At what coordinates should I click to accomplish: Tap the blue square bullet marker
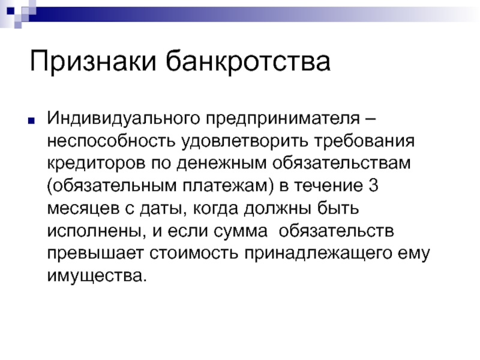(31, 121)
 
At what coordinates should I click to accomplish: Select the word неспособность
(111, 141)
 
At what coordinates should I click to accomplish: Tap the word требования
(364, 141)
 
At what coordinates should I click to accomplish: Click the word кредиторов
(96, 163)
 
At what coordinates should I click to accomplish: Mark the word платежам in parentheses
(225, 186)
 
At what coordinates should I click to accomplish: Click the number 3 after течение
(374, 185)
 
